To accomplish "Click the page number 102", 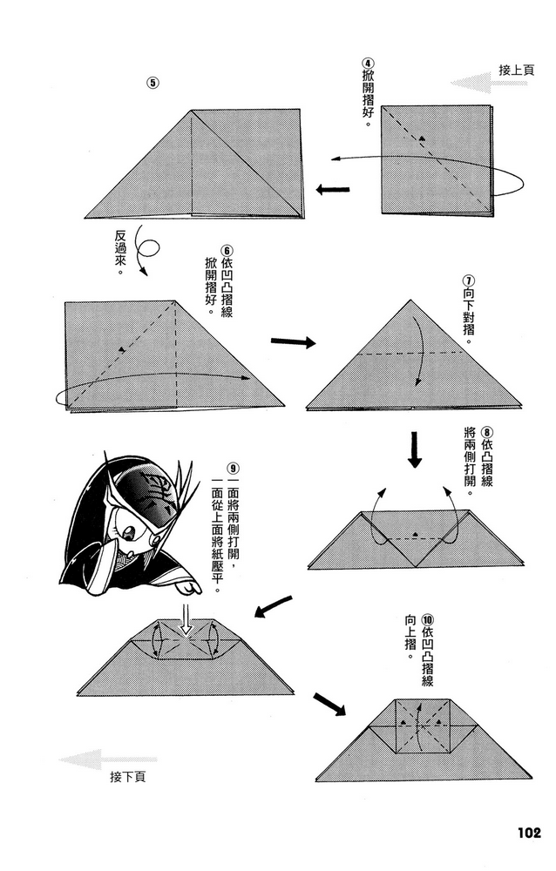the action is coord(529,832).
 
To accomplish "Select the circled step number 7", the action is coord(468,280).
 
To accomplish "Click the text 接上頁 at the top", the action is coord(517,71).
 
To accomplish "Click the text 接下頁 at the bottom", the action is coord(128,777).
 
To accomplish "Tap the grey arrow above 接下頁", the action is coord(107,759).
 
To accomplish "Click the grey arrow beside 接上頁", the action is coord(489,84).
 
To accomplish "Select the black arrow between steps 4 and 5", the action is coord(333,190).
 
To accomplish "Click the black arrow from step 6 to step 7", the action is coord(293,341).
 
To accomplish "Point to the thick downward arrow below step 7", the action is coord(415,449).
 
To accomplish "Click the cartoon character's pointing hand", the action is coord(191,585).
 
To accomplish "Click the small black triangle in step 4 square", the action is coord(423,138).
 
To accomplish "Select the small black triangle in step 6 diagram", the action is coord(120,349).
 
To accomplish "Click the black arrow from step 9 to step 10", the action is coord(329,704).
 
